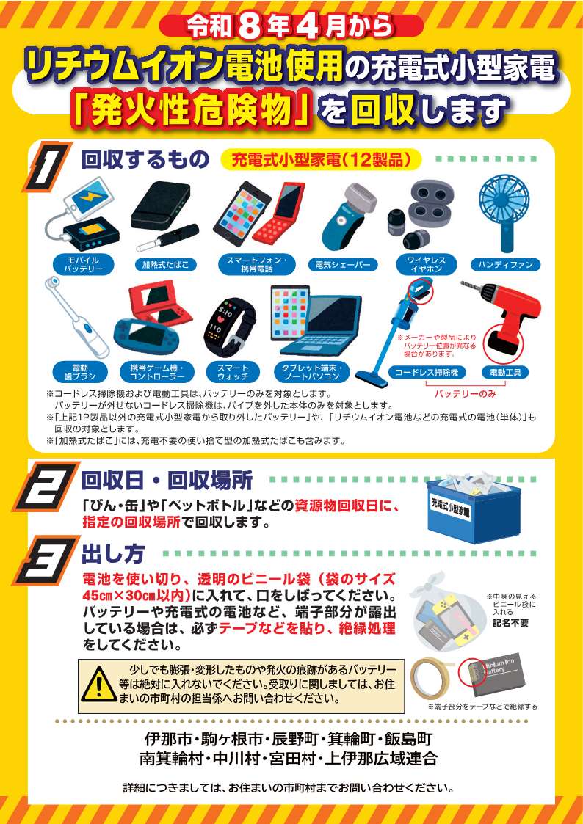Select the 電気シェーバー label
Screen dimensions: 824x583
click(342, 264)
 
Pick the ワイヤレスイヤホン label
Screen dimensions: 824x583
click(426, 264)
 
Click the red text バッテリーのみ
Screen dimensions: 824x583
click(464, 394)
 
